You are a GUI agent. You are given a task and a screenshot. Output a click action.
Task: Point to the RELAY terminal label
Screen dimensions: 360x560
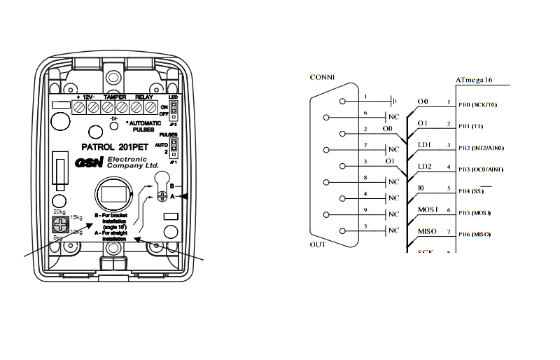(x=144, y=97)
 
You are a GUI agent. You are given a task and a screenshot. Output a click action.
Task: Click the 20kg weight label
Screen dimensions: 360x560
(x=59, y=211)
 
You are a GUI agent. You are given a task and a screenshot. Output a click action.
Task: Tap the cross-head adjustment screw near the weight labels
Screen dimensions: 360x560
(x=61, y=225)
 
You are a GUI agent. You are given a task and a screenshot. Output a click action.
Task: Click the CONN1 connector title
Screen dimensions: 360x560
(x=322, y=77)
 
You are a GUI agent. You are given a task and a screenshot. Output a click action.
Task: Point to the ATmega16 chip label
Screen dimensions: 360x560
(x=474, y=81)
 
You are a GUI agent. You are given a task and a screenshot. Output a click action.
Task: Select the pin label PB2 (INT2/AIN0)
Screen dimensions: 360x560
(x=480, y=148)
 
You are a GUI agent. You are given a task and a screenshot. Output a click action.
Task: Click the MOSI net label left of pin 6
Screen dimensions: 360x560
(x=427, y=209)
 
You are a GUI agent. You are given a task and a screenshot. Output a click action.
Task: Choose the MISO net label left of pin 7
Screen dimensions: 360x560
(x=427, y=231)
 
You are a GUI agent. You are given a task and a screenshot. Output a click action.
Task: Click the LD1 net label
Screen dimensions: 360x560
(x=424, y=144)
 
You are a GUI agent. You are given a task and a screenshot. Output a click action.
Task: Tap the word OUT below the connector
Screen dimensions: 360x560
(x=318, y=244)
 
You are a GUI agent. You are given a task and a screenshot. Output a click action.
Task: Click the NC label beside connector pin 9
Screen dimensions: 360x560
(x=394, y=214)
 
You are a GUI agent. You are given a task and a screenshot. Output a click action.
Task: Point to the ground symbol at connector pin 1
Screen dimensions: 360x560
(x=394, y=102)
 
